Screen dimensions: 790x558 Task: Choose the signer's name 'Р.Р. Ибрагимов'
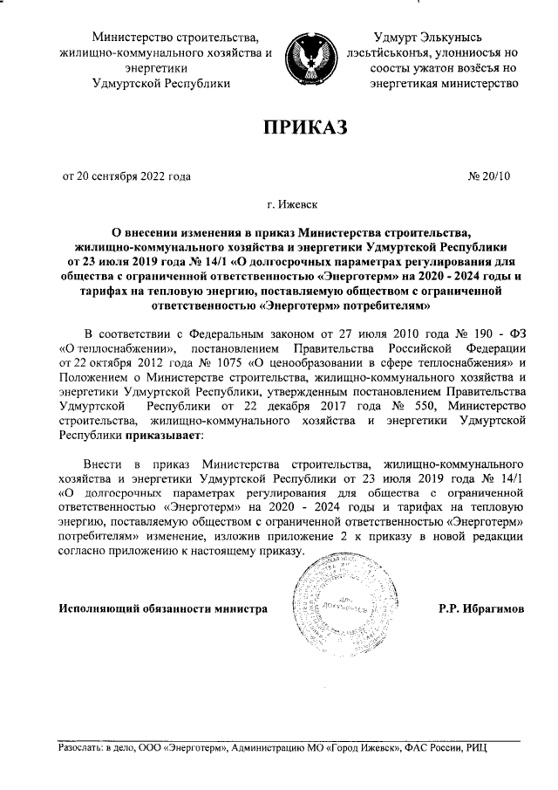(x=482, y=608)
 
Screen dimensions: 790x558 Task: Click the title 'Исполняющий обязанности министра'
(x=162, y=608)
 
